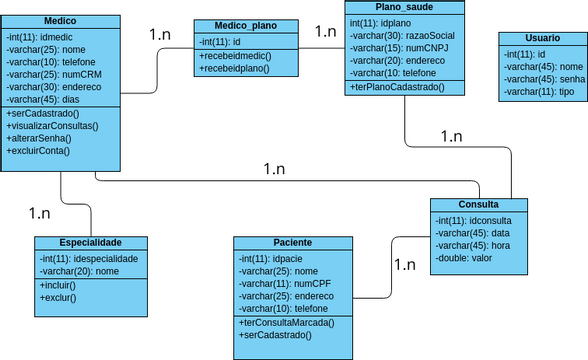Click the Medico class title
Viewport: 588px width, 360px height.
(x=62, y=21)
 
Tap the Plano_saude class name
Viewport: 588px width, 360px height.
(x=405, y=6)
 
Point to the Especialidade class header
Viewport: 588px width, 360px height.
(x=91, y=243)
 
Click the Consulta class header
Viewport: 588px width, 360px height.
(x=478, y=204)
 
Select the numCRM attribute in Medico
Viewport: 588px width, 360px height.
(x=51, y=74)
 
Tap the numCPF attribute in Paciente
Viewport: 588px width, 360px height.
(x=286, y=284)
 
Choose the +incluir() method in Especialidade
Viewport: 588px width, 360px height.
(x=59, y=285)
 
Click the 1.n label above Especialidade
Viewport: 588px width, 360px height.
(x=40, y=213)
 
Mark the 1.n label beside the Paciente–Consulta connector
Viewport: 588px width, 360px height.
(x=405, y=265)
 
